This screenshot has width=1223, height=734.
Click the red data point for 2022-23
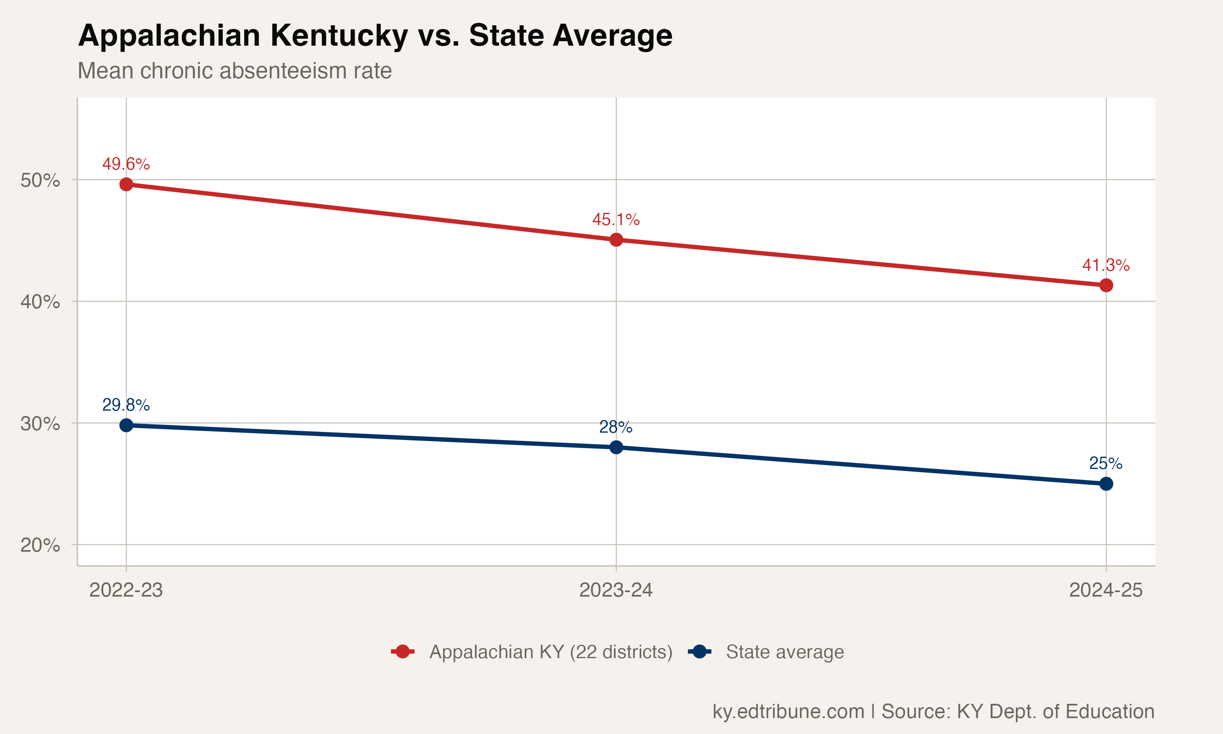126,184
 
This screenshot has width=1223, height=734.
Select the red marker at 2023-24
616,240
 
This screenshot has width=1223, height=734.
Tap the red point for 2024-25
1106,285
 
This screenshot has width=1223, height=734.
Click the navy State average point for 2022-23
126,425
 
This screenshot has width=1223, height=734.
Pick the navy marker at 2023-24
616,447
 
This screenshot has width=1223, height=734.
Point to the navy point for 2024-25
1106,484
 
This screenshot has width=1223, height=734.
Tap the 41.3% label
1106,265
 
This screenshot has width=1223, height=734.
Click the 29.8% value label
126,405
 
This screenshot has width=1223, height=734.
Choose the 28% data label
616,427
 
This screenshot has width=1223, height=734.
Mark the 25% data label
1106,464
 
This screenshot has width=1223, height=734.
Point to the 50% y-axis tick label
40,181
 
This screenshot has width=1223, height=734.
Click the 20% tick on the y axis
40,546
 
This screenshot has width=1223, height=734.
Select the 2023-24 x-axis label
616,590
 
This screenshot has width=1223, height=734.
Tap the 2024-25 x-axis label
1106,590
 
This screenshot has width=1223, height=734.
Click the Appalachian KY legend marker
402,652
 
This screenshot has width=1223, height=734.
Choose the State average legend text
784,652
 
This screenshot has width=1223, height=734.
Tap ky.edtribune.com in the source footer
788,712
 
